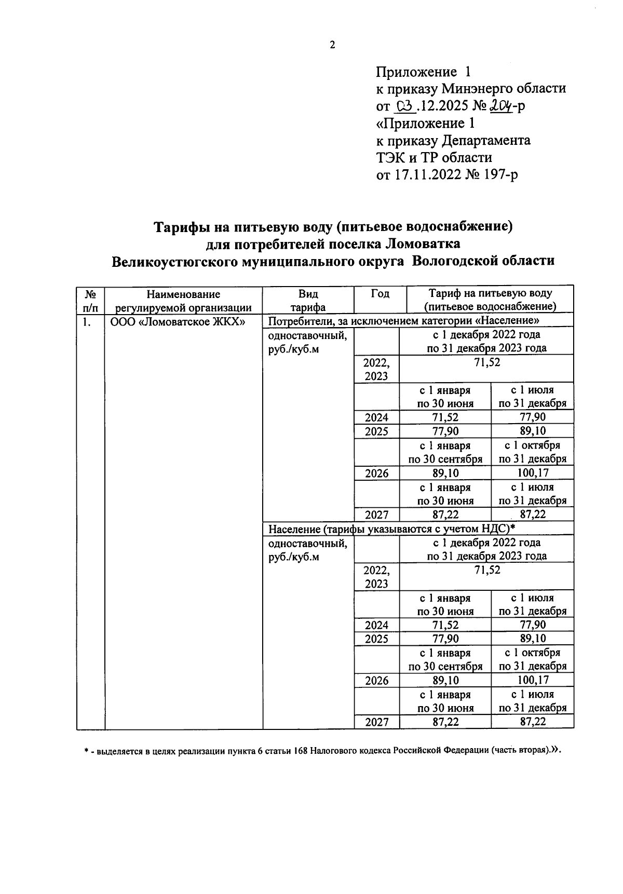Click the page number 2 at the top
[332, 45]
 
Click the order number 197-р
[499, 175]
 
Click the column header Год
[380, 293]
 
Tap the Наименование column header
[183, 294]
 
